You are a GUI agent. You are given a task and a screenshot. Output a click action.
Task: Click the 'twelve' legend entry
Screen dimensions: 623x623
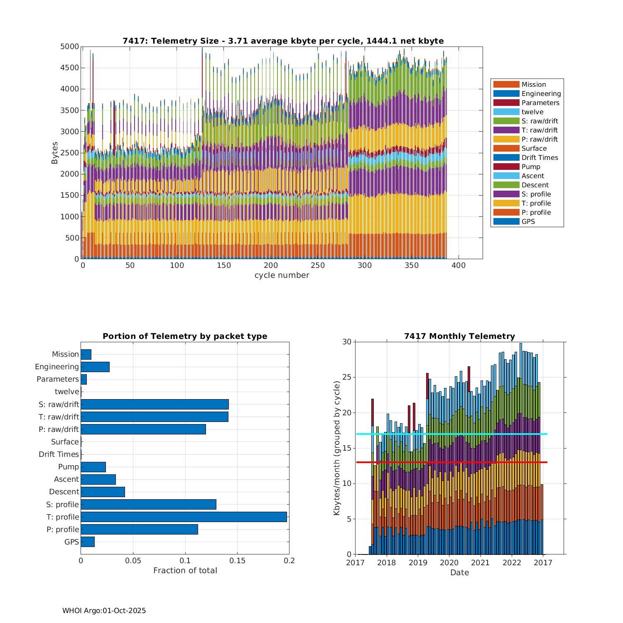coord(532,112)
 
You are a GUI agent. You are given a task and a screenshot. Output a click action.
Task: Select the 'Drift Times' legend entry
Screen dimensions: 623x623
coord(540,157)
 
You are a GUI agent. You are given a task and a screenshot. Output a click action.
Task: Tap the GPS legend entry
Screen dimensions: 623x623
coord(528,221)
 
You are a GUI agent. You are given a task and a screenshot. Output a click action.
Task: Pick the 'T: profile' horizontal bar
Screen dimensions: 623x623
coord(184,517)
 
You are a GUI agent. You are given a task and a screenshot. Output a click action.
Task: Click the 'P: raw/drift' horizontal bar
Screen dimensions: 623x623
coord(143,429)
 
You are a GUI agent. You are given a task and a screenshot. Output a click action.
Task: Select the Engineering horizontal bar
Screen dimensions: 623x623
coord(95,367)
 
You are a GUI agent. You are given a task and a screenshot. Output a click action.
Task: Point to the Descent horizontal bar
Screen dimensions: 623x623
coord(103,492)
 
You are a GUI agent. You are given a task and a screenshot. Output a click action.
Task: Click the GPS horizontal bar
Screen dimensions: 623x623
coord(88,542)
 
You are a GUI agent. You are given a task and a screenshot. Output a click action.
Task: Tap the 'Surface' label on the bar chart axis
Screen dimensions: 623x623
coord(65,442)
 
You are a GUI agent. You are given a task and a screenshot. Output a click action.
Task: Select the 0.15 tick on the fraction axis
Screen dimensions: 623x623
coord(237,561)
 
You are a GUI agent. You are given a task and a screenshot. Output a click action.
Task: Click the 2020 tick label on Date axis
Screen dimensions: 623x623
coord(449,563)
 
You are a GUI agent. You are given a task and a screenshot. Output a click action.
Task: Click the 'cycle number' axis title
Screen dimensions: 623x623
coord(282,275)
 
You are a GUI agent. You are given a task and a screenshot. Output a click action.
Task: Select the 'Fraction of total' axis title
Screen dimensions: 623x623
coord(185,571)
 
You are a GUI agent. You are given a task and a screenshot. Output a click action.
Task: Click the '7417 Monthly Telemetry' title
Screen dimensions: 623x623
coord(459,336)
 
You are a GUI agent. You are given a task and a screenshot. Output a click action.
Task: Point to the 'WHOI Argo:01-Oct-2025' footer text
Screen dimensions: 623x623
coord(104,611)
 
